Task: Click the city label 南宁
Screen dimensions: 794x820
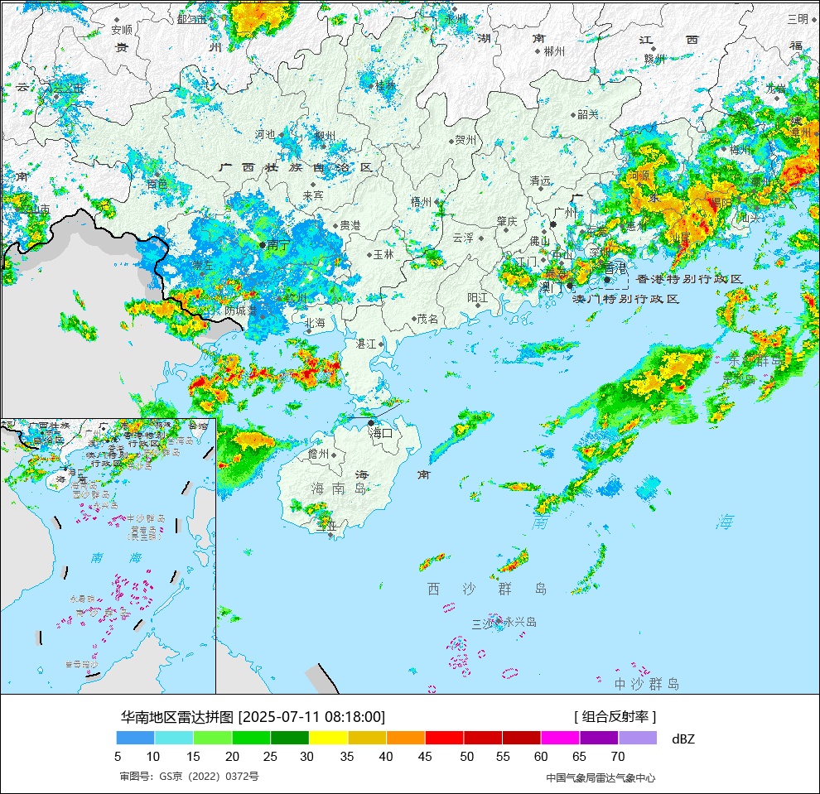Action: (x=278, y=245)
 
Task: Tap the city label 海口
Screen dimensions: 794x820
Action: (x=382, y=432)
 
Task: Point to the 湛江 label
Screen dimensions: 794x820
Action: (x=366, y=343)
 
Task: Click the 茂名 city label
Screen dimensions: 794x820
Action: (x=427, y=319)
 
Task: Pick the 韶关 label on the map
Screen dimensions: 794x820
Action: (x=588, y=114)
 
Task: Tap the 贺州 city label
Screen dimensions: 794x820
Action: (x=465, y=140)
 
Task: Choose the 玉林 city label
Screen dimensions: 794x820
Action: (x=383, y=254)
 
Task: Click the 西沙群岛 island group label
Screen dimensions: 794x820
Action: (x=487, y=589)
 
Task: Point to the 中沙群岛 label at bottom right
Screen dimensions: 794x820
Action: (x=647, y=684)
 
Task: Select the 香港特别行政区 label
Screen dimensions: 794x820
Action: (x=689, y=280)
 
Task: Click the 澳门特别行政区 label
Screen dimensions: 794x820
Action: (x=626, y=298)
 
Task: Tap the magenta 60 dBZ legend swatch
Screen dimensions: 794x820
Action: (x=560, y=738)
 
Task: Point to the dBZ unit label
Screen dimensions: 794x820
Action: (x=684, y=739)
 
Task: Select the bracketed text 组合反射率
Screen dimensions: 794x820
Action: (x=615, y=716)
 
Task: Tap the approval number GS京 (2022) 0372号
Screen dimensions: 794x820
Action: (x=190, y=777)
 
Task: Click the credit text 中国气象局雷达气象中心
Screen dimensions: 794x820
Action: (x=601, y=777)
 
